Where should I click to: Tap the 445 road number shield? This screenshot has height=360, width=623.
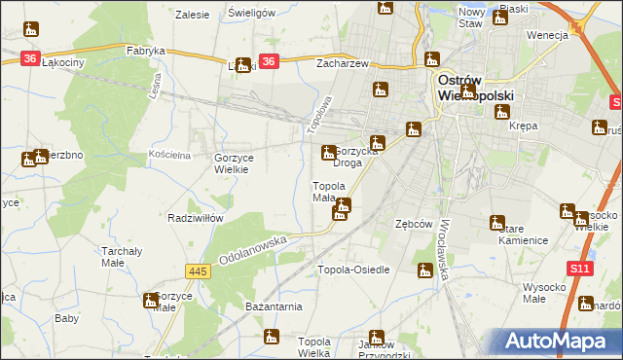coord(200,270)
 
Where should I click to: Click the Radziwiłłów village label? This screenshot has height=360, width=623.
coord(191,218)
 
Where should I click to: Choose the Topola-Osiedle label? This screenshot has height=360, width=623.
coord(354,270)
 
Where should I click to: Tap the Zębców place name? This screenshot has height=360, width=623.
coord(413,223)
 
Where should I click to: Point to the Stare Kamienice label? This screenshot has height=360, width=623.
coord(523,234)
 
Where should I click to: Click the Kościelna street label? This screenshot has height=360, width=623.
coord(170,155)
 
